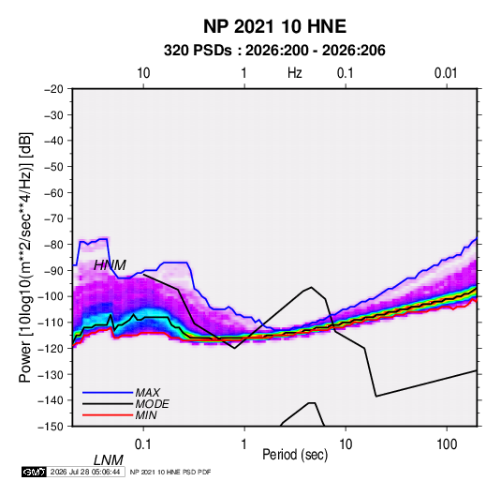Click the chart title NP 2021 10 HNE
pyautogui.click(x=274, y=26)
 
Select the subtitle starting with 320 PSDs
pyautogui.click(x=274, y=51)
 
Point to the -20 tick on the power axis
pyautogui.click(x=53, y=89)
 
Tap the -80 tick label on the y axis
pyautogui.click(x=53, y=245)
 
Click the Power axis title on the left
pyautogui.click(x=25, y=258)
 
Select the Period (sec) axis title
pyautogui.click(x=295, y=455)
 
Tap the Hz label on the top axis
pyautogui.click(x=294, y=73)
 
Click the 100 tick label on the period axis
pyautogui.click(x=447, y=444)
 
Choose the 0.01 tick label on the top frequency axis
pyautogui.click(x=446, y=73)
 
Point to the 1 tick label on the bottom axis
pyautogui.click(x=244, y=444)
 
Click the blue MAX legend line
pyautogui.click(x=108, y=392)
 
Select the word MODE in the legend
pyautogui.click(x=152, y=404)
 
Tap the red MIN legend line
pyautogui.click(x=108, y=415)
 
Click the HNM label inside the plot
pyautogui.click(x=110, y=265)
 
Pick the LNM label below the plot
pyautogui.click(x=109, y=460)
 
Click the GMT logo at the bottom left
pyautogui.click(x=35, y=472)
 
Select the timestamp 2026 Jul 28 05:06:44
pyautogui.click(x=85, y=472)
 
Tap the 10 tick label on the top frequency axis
pyautogui.click(x=143, y=73)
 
